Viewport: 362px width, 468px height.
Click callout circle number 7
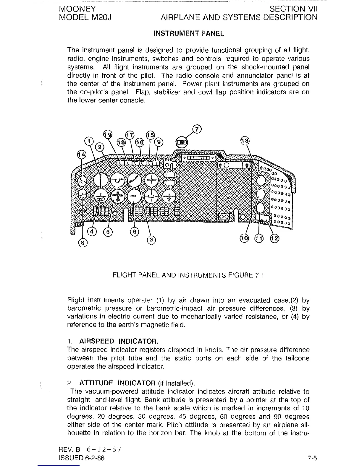(197, 129)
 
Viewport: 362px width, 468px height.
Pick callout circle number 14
(81, 155)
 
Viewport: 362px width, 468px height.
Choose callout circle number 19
(108, 134)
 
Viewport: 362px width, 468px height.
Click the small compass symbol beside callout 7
(181, 142)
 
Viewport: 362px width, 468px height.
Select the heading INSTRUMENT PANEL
(189, 33)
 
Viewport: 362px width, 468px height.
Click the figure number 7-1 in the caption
(259, 276)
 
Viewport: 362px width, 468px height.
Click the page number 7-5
(312, 459)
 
